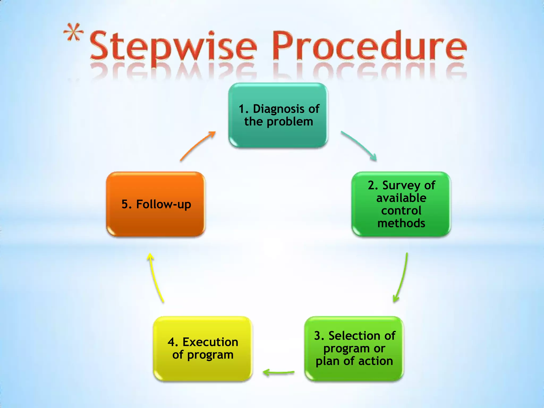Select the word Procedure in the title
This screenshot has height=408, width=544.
[369, 46]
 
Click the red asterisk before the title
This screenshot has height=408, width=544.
[73, 33]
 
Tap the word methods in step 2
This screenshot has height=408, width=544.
[401, 223]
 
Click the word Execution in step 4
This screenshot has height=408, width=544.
[210, 342]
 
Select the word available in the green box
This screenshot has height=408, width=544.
[401, 198]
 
